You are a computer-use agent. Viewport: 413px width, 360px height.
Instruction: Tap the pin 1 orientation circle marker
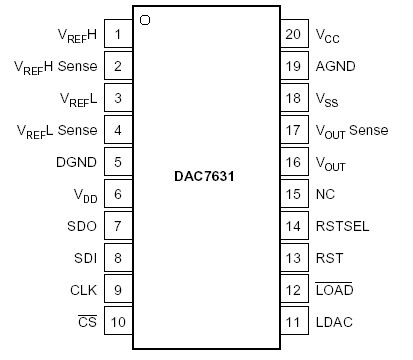[146, 20]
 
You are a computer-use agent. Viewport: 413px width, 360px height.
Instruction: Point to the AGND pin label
[337, 67]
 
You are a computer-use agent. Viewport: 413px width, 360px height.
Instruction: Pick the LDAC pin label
[336, 322]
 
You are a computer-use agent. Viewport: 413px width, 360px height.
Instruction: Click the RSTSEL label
[343, 226]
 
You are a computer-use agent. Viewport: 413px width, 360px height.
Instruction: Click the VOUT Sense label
[350, 131]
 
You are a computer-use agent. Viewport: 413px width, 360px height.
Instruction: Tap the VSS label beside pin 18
[328, 99]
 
